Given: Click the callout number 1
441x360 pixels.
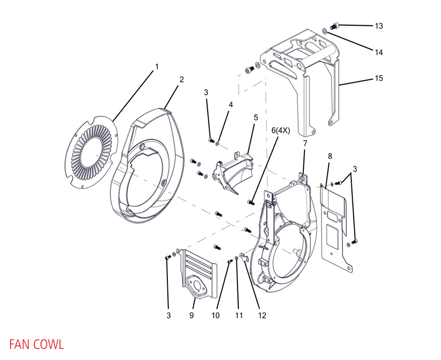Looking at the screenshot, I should click(157, 67).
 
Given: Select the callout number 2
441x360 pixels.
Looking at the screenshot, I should click(181, 79).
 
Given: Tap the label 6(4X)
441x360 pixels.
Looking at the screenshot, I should click(281, 130).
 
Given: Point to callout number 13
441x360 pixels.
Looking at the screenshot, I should click(379, 25).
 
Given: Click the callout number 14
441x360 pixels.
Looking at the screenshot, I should click(379, 51).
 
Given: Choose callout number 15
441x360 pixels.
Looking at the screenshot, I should click(379, 78).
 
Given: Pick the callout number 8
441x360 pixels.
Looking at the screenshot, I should click(330, 156).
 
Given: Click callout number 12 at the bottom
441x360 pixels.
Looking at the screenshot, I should click(262, 316).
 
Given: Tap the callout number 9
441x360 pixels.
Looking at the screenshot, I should click(192, 316).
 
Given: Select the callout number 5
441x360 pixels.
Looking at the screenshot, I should click(256, 117).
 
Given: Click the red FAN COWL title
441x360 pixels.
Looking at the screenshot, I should click(36, 345).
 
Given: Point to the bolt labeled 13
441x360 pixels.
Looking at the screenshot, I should click(334, 25).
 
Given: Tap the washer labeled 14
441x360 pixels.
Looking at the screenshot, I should click(325, 32).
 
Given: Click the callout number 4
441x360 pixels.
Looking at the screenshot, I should click(231, 104).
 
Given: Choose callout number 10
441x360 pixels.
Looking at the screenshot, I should click(216, 316).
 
